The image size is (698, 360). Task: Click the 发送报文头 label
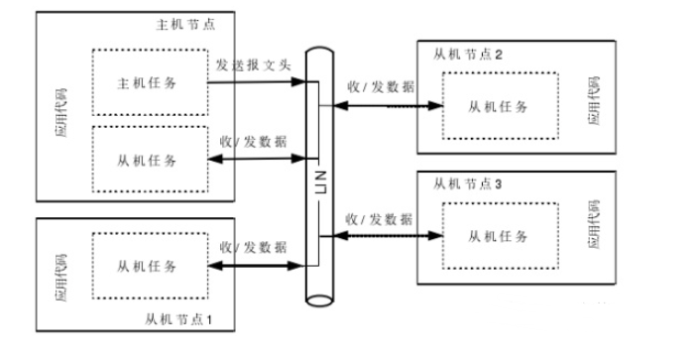(x=253, y=65)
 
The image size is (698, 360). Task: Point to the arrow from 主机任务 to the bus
(x=253, y=82)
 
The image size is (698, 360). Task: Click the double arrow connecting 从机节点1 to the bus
(x=253, y=266)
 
